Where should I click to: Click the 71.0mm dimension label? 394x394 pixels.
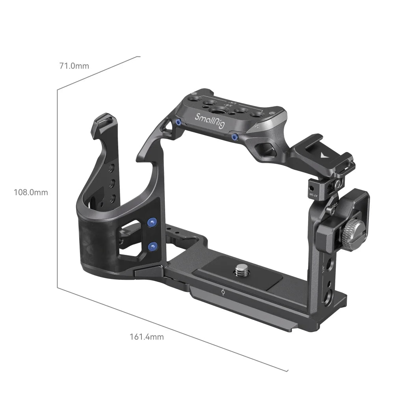pyautogui.click(x=74, y=66)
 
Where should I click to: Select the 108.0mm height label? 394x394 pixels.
pyautogui.click(x=31, y=192)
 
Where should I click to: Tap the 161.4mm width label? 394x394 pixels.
pyautogui.click(x=147, y=337)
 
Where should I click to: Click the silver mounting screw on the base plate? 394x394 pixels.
pyautogui.click(x=240, y=270)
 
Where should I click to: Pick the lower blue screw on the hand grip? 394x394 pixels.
pyautogui.click(x=151, y=246)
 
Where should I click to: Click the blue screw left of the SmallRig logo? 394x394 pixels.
pyautogui.click(x=178, y=123)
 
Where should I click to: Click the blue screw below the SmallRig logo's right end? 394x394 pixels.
pyautogui.click(x=235, y=137)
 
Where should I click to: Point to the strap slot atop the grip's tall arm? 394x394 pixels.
pyautogui.click(x=102, y=119)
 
